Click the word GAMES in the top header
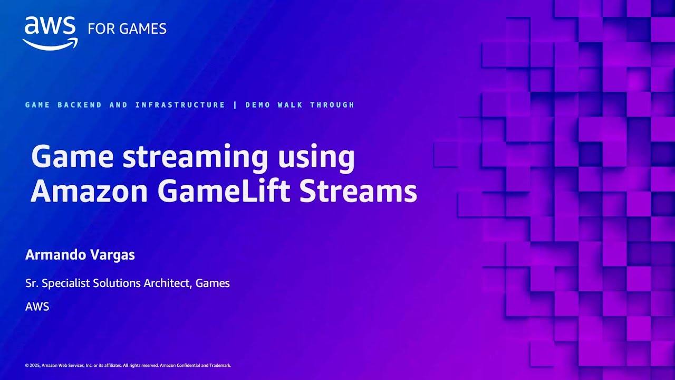pyautogui.click(x=142, y=29)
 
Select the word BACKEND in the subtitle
pyautogui.click(x=80, y=105)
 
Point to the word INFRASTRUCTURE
pyautogui.click(x=180, y=105)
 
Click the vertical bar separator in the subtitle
pyautogui.click(x=235, y=105)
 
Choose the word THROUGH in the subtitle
pyautogui.click(x=332, y=105)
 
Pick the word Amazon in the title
pyautogui.click(x=89, y=192)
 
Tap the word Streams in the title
pyautogui.click(x=358, y=192)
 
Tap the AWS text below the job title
pyautogui.click(x=37, y=307)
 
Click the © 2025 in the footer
pyautogui.click(x=33, y=366)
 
